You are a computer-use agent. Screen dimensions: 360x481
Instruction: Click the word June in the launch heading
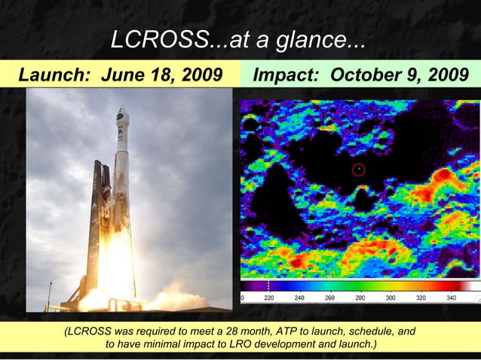click(121, 75)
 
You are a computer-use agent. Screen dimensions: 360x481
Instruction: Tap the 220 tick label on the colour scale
click(269, 298)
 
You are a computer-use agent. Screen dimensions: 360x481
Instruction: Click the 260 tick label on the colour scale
click(329, 298)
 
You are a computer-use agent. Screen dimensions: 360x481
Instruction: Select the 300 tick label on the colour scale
click(391, 298)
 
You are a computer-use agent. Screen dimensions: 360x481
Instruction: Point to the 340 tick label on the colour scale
click(451, 298)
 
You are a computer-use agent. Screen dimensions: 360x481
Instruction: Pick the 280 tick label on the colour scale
click(360, 298)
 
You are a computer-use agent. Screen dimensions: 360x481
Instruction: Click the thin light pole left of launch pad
click(50, 293)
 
